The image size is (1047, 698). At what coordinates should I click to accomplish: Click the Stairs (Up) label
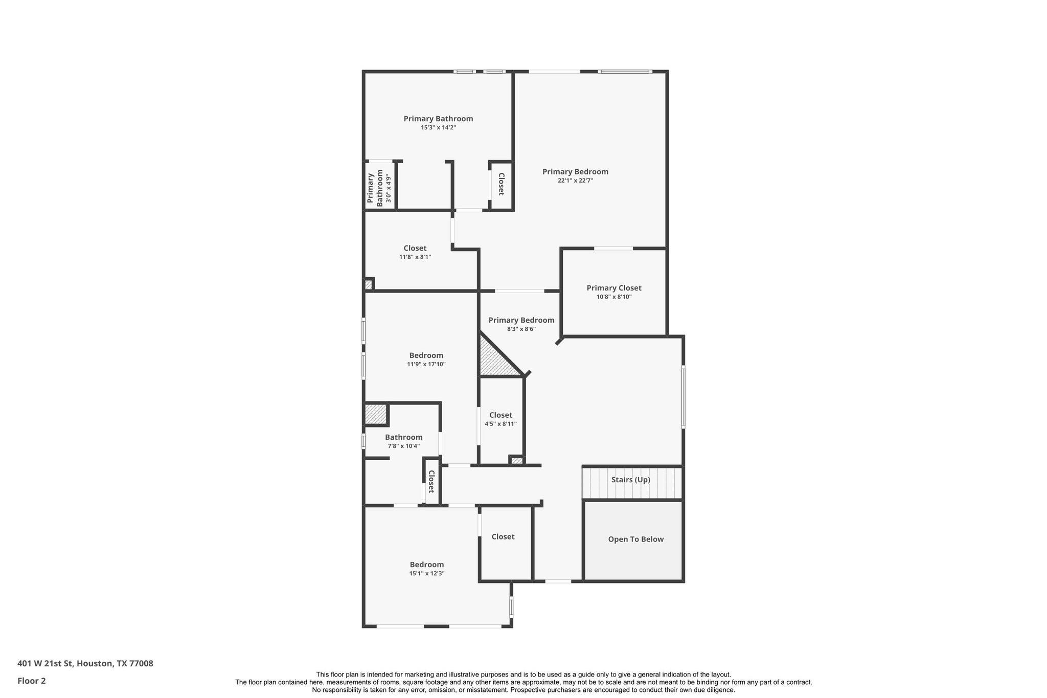[630, 480]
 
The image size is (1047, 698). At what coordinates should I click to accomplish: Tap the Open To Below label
[635, 539]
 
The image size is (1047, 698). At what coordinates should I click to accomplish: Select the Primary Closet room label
[613, 288]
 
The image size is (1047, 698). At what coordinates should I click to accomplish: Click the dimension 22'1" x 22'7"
[575, 181]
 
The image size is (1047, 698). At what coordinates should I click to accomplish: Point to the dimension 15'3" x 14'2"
[438, 127]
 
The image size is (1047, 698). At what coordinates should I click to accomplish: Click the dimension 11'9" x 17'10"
[426, 364]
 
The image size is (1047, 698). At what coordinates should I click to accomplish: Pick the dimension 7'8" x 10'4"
[403, 446]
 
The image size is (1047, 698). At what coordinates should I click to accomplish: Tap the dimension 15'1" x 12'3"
[426, 573]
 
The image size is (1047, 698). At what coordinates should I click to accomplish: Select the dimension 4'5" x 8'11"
[500, 424]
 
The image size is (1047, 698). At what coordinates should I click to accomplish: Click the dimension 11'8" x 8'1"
[415, 257]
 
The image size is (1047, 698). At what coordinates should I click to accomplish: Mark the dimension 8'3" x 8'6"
[521, 329]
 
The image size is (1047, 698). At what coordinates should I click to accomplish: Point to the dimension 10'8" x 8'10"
[613, 297]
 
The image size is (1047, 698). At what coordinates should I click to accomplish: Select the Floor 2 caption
[31, 681]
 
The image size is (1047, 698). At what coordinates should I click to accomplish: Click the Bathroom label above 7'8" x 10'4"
[403, 437]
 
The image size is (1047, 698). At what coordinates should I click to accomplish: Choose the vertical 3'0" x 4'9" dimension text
[389, 188]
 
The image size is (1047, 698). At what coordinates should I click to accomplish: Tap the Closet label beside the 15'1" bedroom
[503, 536]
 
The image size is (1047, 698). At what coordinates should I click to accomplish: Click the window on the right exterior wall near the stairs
[683, 396]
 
